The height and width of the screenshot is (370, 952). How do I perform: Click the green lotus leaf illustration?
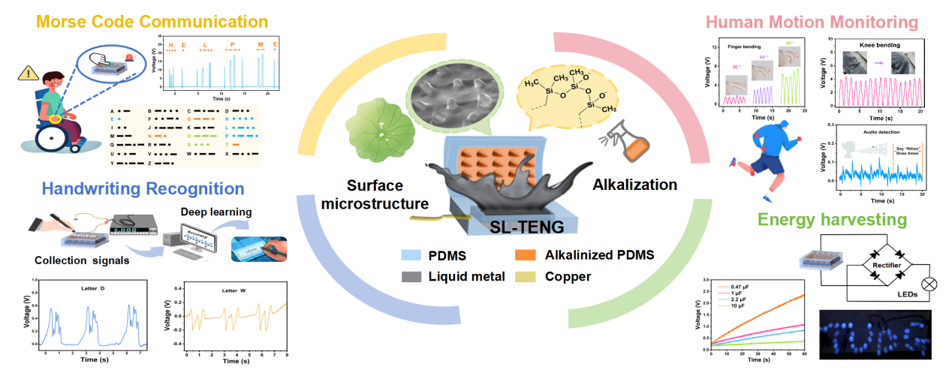pyautogui.click(x=379, y=134)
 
